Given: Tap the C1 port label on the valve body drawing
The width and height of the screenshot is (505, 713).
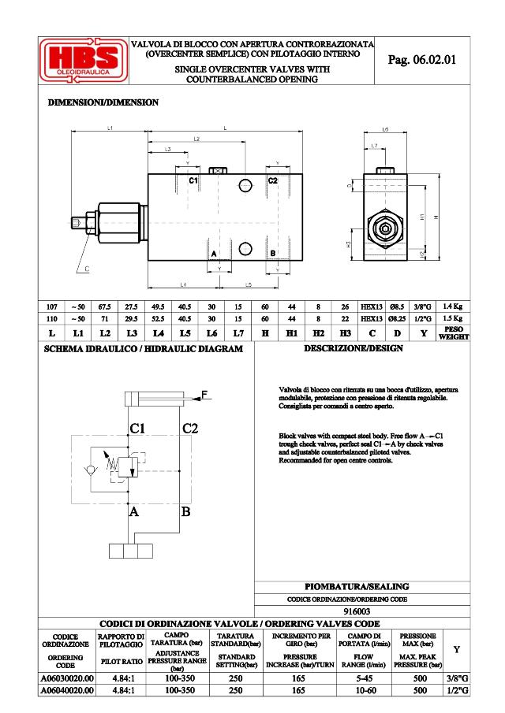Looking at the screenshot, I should [193, 181].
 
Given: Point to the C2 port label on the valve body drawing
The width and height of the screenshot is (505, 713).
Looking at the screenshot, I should [273, 181].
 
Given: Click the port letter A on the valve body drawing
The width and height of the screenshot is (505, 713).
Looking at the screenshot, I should [213, 253].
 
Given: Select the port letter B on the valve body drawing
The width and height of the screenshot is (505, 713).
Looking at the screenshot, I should [272, 253].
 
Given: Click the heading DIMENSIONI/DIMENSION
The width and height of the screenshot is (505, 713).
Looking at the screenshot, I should [103, 103].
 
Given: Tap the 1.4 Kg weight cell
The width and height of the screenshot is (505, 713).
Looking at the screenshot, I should [452, 306].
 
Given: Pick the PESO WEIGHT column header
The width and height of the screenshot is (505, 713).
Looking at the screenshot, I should [452, 332].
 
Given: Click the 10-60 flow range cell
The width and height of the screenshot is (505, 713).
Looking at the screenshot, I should [365, 690].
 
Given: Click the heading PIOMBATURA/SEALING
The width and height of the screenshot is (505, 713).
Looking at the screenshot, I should [357, 587].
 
